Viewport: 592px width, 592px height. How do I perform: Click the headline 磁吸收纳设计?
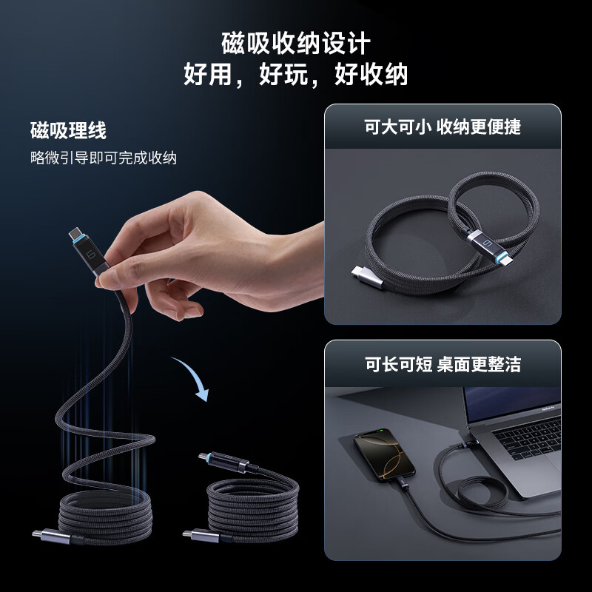(x=296, y=44)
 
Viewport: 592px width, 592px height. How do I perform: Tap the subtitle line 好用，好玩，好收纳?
(x=296, y=75)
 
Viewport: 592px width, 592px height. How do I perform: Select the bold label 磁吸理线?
(x=69, y=131)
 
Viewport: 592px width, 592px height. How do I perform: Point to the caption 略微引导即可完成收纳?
(x=104, y=158)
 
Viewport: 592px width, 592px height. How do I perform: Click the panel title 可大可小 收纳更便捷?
(x=443, y=127)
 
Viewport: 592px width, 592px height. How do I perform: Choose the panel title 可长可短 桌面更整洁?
(x=443, y=363)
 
